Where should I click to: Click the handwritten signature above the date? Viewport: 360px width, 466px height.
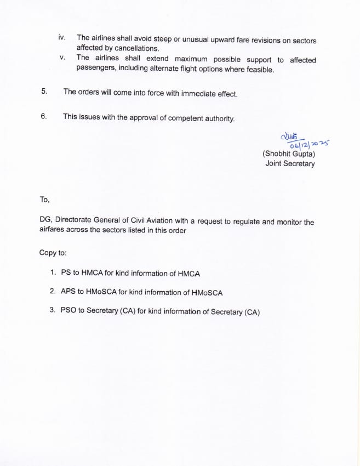288,137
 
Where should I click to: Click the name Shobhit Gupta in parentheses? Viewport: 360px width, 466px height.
289,155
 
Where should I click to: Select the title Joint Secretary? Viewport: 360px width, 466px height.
290,163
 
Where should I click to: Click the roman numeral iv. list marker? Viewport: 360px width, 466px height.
62,38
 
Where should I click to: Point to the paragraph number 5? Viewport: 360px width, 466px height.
44,92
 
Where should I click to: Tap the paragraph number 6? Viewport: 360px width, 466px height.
44,116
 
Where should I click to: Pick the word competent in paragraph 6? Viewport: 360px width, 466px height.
179,118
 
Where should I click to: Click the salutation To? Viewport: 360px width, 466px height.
44,200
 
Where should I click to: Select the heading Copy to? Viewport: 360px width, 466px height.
53,253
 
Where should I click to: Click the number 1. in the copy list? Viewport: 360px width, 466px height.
53,272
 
